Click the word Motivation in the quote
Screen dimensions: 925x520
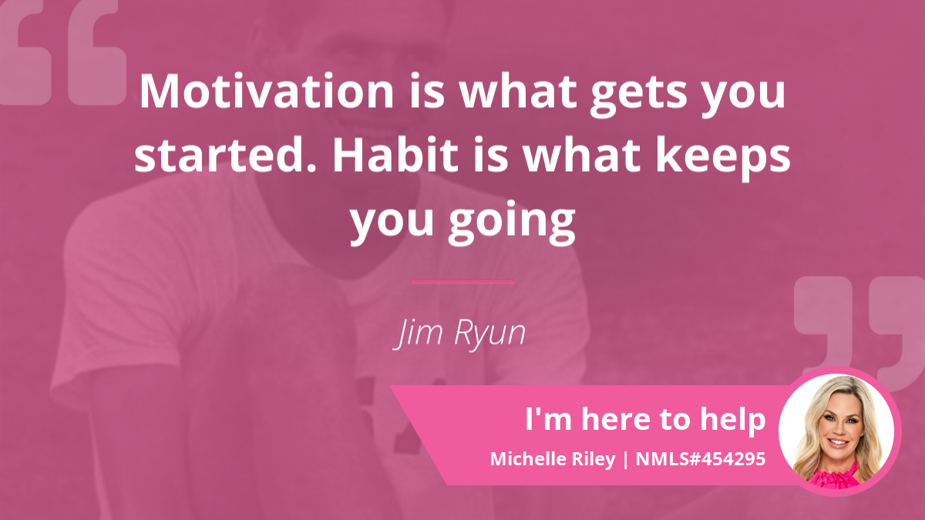267,91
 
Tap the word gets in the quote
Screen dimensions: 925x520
639,96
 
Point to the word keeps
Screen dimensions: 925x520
723,159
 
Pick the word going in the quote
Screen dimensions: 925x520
512,223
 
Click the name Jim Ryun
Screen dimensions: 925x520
459,334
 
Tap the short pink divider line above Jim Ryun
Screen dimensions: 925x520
462,282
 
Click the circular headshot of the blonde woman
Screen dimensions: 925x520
836,431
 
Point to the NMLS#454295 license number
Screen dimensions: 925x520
701,459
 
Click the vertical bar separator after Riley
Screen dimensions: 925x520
626,460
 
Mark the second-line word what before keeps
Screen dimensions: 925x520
581,155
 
